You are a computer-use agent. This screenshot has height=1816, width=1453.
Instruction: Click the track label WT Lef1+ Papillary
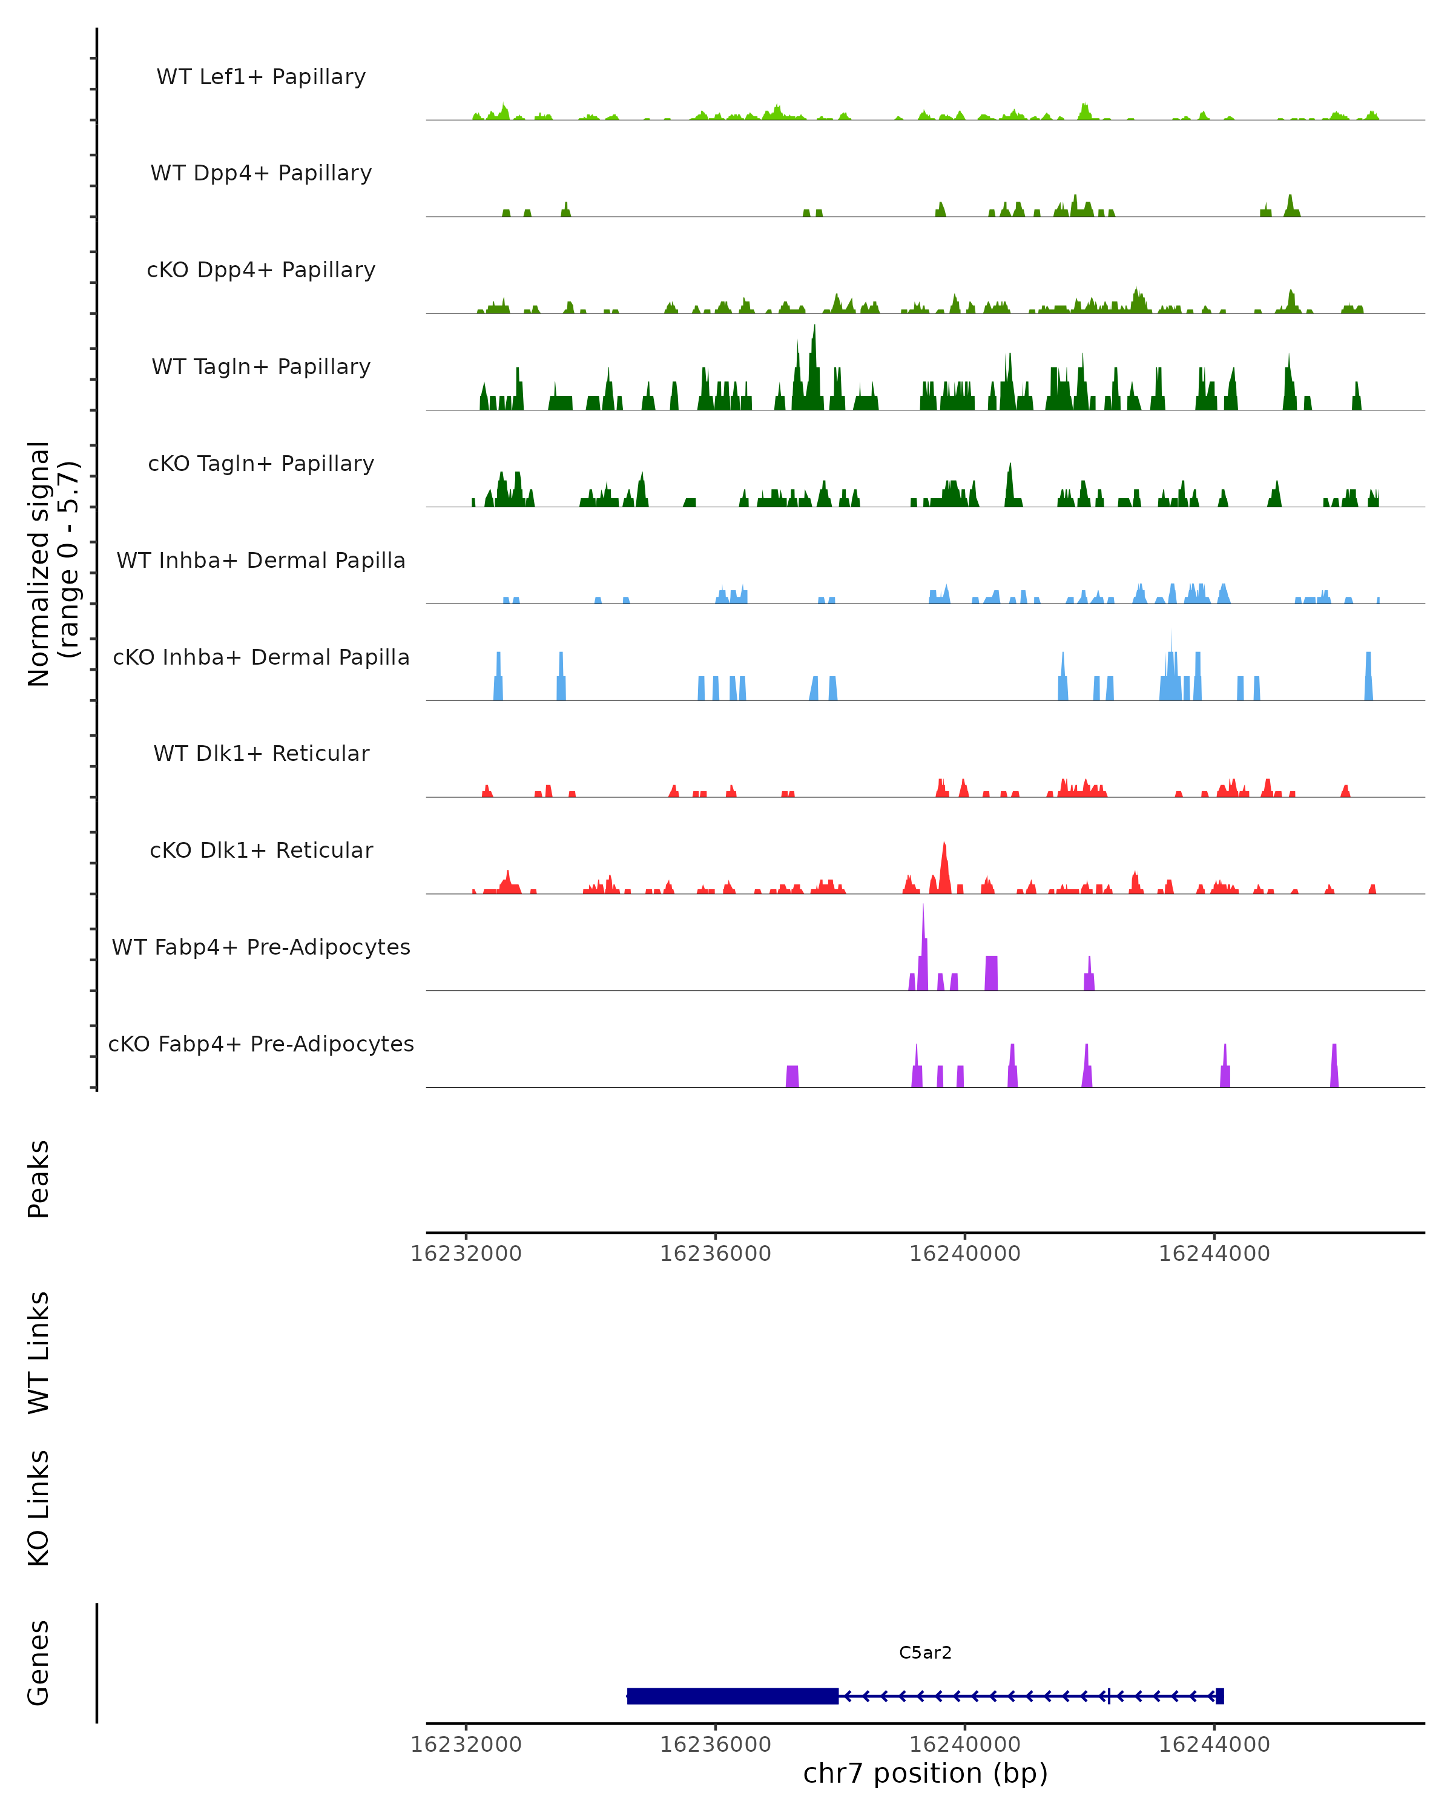coord(261,77)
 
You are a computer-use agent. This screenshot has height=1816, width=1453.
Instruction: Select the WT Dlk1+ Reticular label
coord(261,753)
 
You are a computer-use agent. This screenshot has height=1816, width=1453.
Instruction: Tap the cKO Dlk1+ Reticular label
coord(261,850)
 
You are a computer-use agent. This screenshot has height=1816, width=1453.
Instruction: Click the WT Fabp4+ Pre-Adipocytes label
coord(261,947)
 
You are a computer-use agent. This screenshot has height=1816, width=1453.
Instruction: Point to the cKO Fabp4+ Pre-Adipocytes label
coord(261,1044)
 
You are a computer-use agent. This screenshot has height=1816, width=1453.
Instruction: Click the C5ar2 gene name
coord(925,1653)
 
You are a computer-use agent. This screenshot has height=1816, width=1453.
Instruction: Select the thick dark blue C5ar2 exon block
coord(733,1696)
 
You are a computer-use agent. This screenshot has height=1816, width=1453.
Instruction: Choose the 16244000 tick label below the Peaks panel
coord(1214,1254)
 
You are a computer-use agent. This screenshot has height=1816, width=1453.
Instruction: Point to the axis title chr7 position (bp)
coord(925,1773)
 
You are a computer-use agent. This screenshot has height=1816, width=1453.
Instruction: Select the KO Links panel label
coord(39,1508)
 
